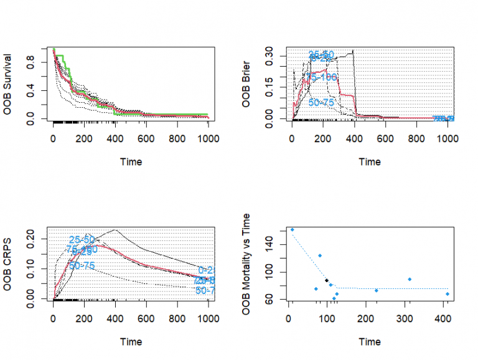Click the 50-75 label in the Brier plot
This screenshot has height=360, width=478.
coord(322,102)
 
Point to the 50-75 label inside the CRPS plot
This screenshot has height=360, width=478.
coord(82,266)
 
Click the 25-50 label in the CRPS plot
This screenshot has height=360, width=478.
coord(82,240)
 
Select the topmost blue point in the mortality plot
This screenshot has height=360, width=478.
coord(293,230)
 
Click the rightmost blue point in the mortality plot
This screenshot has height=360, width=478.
coord(447,294)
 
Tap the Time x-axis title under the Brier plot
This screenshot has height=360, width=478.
coord(370,162)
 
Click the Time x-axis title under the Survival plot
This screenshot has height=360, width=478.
coord(131,162)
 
